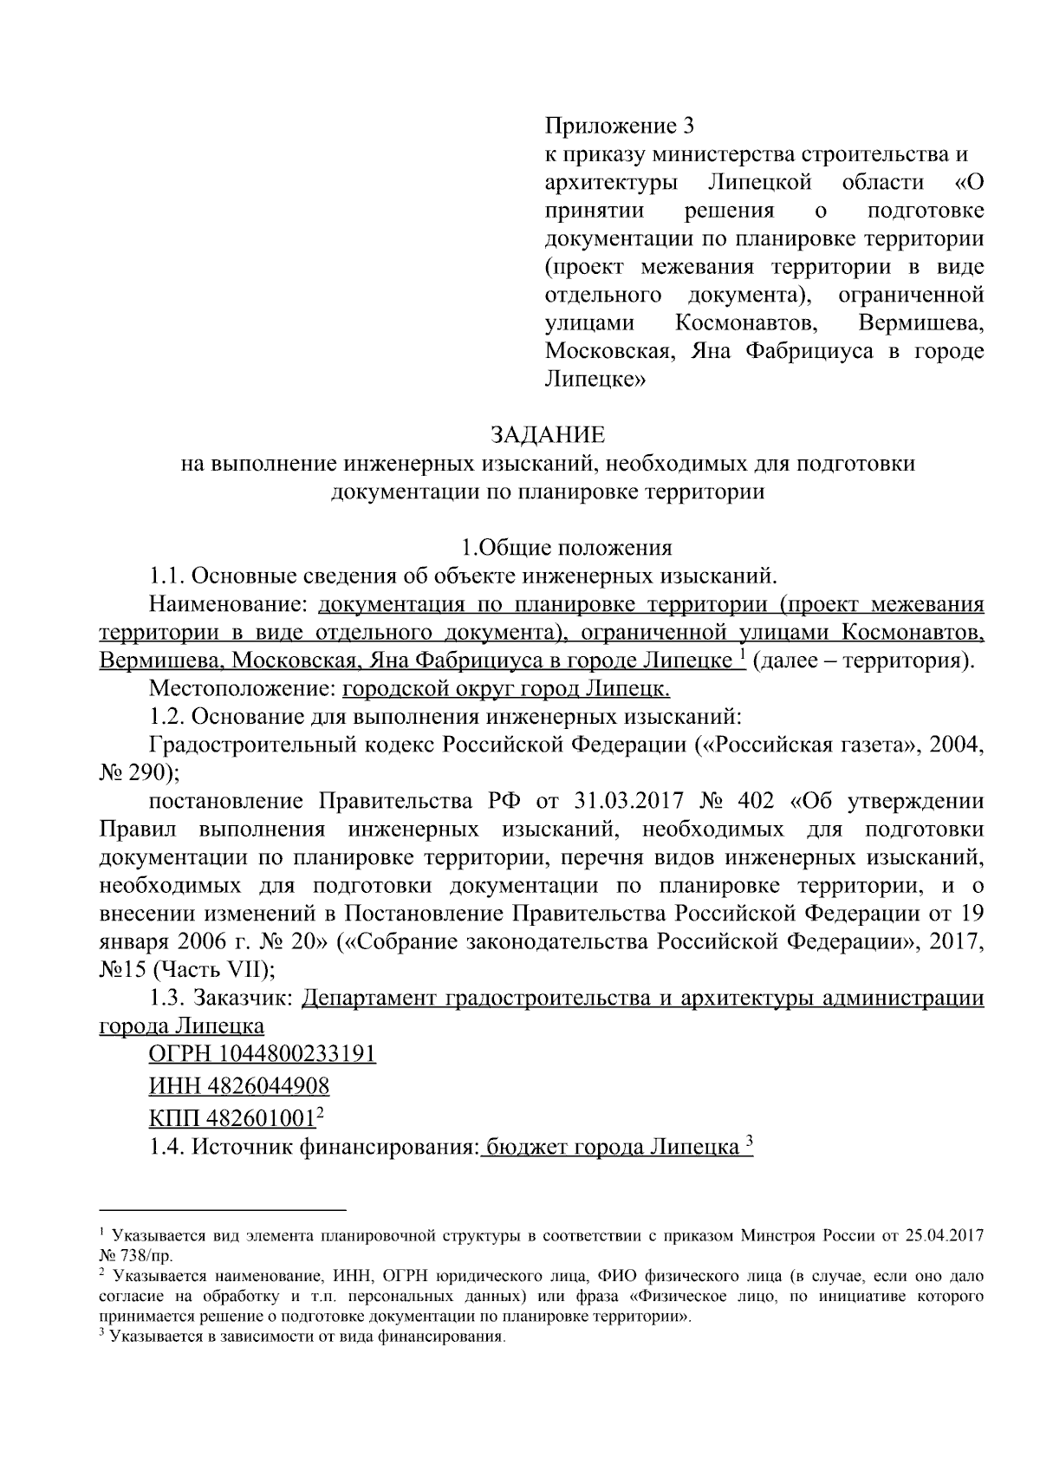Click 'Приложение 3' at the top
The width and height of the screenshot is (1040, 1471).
point(620,127)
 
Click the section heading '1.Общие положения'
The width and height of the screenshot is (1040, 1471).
point(567,547)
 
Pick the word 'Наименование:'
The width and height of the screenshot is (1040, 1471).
point(230,603)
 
